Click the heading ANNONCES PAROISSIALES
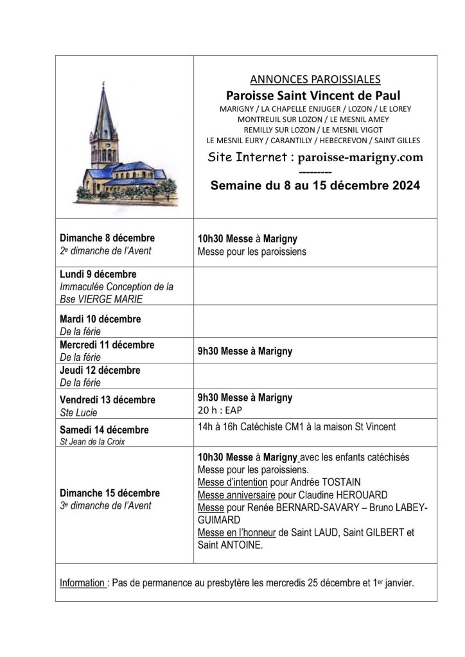[315, 80]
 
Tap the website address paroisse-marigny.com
[360, 157]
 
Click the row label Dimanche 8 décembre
[107, 238]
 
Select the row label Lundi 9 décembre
[98, 274]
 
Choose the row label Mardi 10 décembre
[100, 319]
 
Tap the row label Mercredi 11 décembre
[107, 345]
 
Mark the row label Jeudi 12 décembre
[100, 371]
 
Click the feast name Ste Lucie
[78, 412]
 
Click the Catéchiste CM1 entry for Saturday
[296, 426]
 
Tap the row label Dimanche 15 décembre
[110, 493]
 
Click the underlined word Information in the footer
[83, 583]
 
